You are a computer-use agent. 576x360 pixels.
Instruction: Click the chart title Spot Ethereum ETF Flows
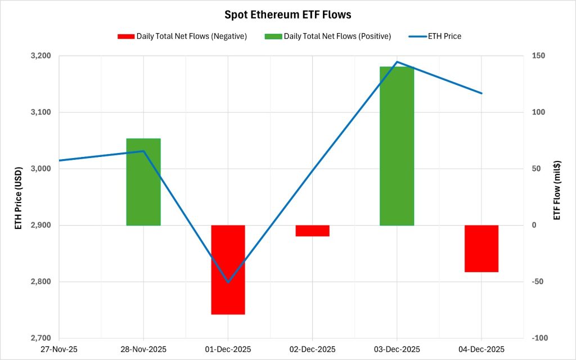pos(287,15)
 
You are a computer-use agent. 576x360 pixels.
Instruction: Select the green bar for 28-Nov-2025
pos(143,182)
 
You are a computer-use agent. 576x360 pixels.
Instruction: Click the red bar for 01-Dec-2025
pos(228,269)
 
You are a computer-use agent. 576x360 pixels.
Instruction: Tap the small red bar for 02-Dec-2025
pos(312,231)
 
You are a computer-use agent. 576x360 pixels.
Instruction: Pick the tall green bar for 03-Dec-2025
pos(397,146)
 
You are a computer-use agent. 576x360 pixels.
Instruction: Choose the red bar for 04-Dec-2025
pos(481,248)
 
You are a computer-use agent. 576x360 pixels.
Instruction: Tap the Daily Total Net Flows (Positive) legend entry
pos(329,36)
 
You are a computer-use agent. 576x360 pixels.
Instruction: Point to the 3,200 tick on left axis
pos(40,56)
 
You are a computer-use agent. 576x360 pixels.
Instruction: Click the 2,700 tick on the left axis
pos(40,338)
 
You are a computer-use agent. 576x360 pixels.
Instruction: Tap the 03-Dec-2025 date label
pos(397,349)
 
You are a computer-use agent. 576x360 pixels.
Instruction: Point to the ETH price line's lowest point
pos(228,282)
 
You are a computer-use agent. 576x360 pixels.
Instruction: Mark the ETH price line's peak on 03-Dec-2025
pos(397,62)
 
